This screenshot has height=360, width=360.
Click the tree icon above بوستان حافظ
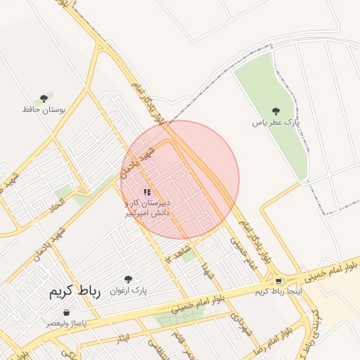click(x=44, y=99)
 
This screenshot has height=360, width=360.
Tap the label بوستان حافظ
click(x=39, y=110)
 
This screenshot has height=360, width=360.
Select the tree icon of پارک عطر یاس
click(x=275, y=111)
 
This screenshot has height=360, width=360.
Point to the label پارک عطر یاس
click(x=276, y=122)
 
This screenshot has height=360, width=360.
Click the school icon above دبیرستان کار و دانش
click(x=147, y=192)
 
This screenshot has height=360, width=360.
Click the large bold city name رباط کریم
click(x=75, y=292)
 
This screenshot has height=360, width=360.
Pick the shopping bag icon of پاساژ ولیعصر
click(x=65, y=312)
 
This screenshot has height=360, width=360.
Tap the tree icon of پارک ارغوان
click(x=127, y=279)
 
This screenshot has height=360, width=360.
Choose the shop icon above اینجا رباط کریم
click(x=279, y=281)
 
